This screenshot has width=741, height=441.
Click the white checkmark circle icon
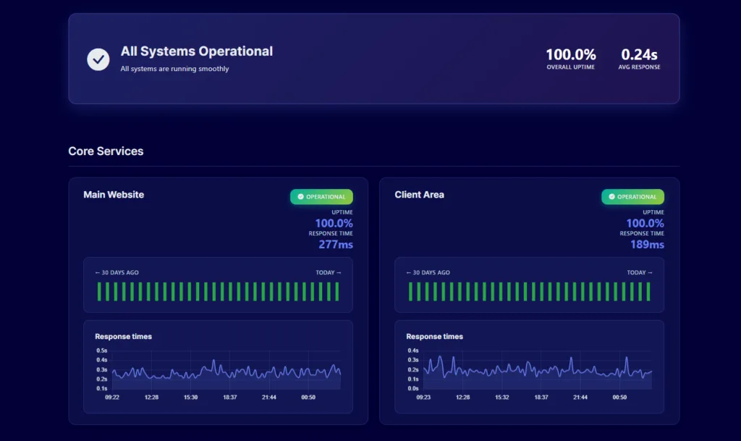(98, 59)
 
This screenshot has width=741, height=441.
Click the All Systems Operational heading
(197, 51)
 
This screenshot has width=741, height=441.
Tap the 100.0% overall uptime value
(571, 54)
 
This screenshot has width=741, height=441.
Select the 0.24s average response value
(639, 54)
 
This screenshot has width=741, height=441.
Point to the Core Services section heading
(106, 151)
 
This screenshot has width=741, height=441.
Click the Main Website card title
(114, 195)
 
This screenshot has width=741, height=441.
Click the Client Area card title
(419, 195)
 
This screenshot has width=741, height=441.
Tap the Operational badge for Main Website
(321, 197)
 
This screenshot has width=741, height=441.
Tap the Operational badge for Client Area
(632, 197)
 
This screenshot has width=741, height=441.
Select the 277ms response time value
(336, 244)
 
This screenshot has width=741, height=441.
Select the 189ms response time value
(647, 244)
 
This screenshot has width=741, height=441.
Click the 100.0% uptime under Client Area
(645, 223)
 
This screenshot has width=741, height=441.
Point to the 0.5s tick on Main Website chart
(101, 350)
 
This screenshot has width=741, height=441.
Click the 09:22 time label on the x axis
(112, 398)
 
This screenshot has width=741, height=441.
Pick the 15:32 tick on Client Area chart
(502, 398)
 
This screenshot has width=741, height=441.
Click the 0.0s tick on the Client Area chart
(413, 389)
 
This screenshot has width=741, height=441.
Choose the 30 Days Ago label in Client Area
(428, 273)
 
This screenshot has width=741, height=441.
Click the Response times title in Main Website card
(123, 337)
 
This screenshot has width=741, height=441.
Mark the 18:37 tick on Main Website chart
(230, 398)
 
